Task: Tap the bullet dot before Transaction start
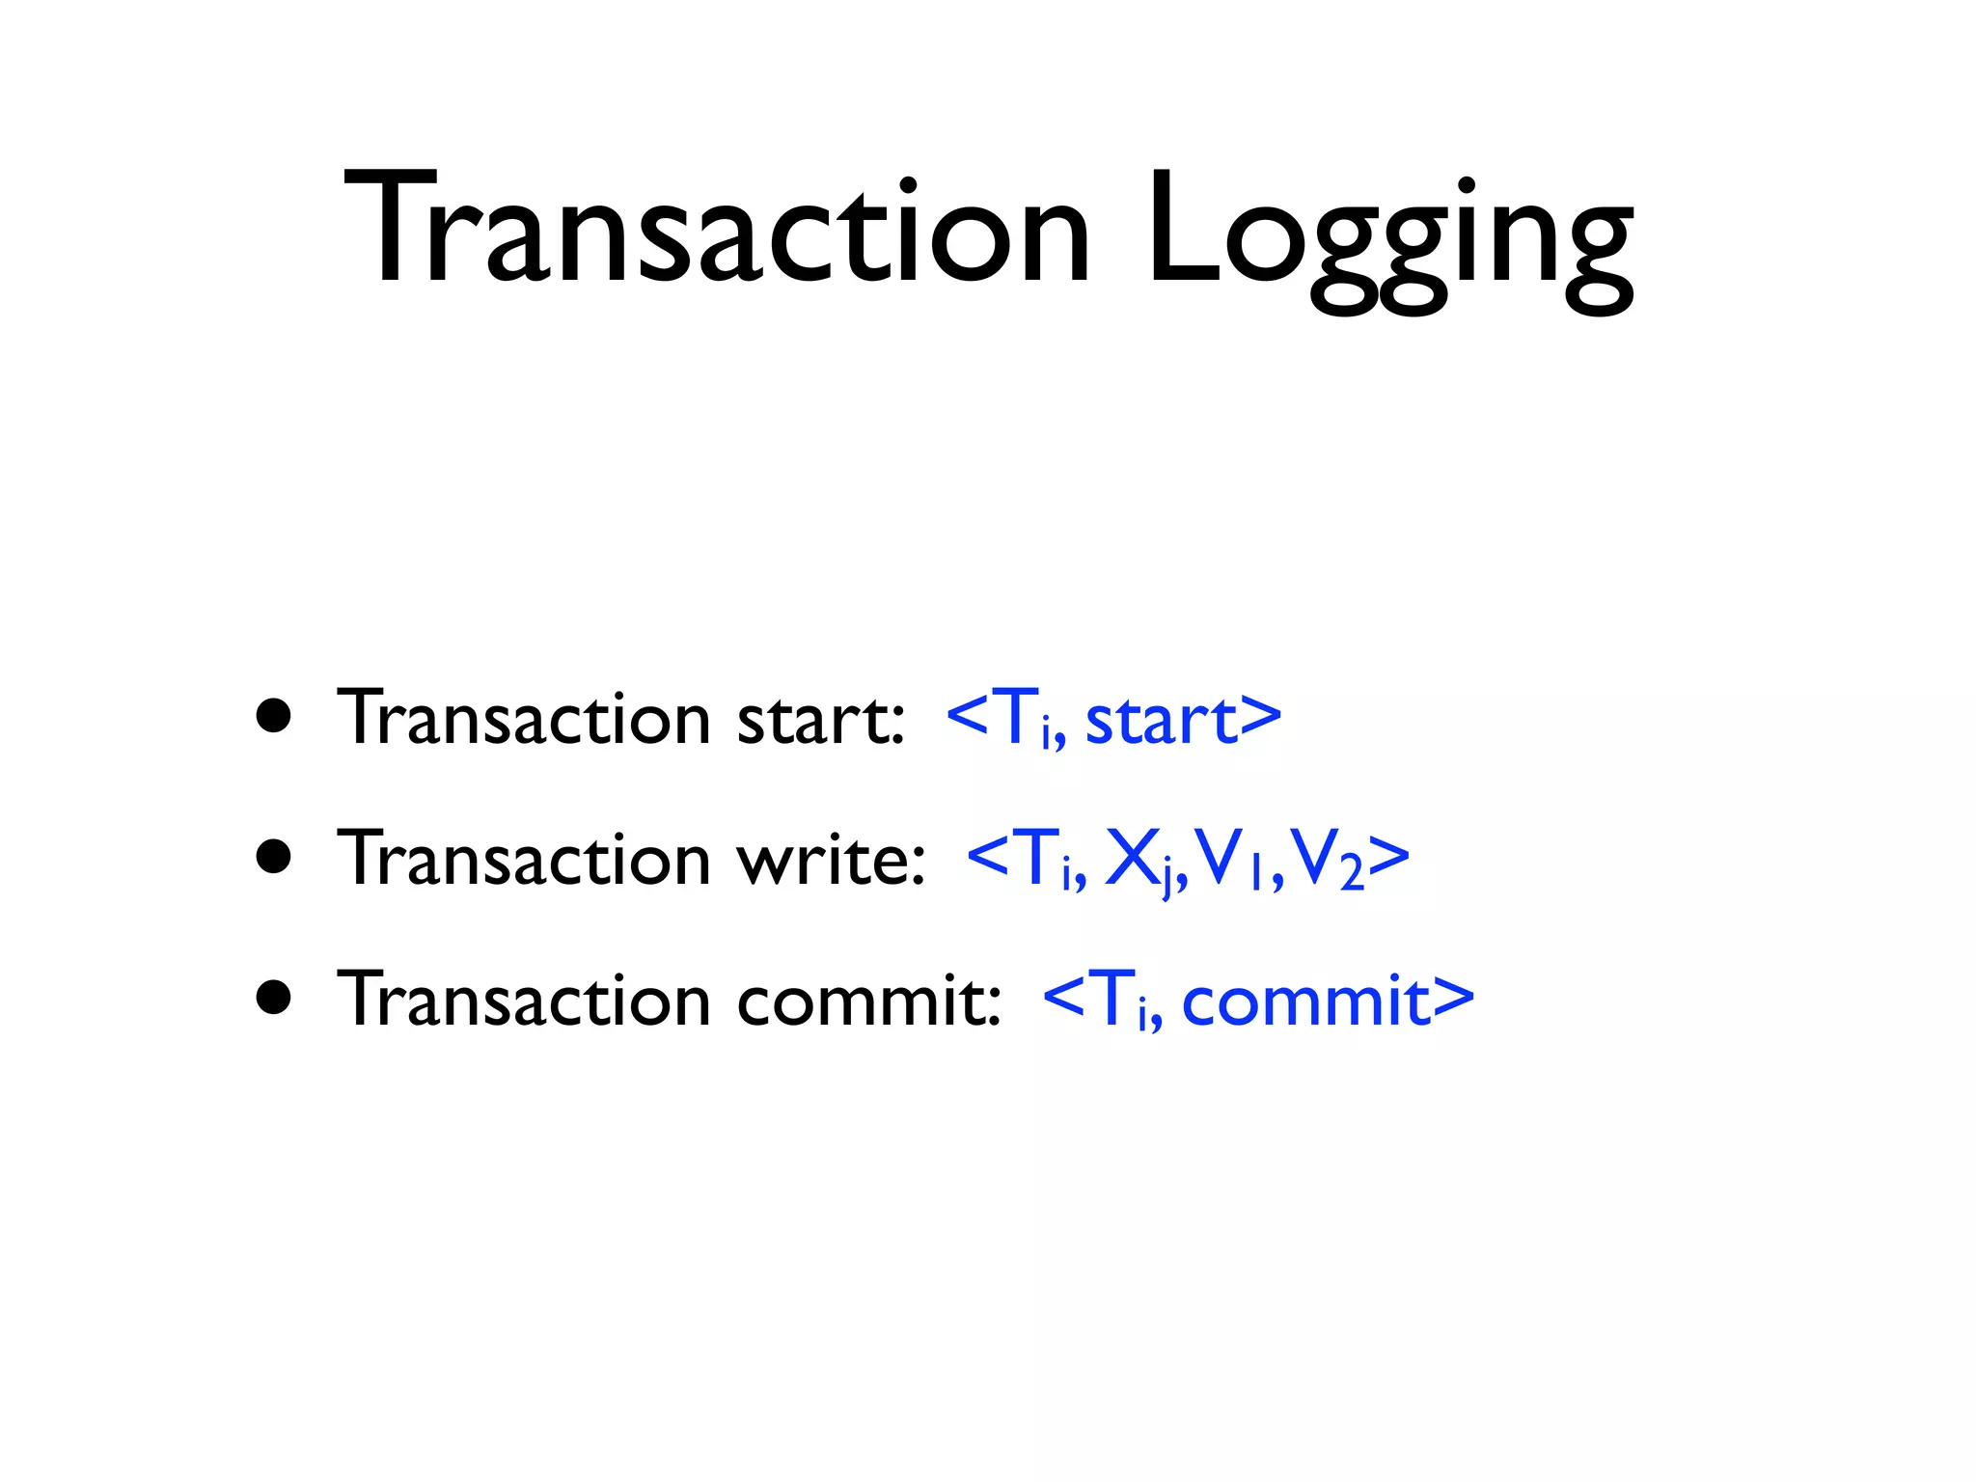[274, 717]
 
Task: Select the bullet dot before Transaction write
[274, 857]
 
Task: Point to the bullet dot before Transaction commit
[274, 999]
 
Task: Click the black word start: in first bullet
[821, 720]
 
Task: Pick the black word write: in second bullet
[831, 860]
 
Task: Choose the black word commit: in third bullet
[869, 1001]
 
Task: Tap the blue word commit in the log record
[1304, 1001]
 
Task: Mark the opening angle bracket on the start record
[968, 717]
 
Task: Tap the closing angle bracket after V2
[1389, 858]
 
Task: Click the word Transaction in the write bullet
[524, 859]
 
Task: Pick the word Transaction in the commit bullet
[524, 1001]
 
